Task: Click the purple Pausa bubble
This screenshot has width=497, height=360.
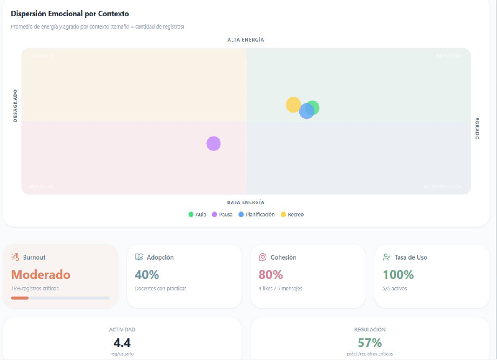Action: point(213,144)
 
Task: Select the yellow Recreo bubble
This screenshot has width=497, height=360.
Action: point(292,104)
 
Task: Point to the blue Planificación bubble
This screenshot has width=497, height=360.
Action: point(306,111)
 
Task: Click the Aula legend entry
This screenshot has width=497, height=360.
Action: point(197,214)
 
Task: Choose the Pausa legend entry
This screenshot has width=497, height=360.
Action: point(222,214)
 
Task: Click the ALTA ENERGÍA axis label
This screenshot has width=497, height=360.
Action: point(246,40)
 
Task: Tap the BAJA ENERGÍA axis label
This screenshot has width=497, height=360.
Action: point(246,202)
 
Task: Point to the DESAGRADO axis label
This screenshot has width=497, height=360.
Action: point(15,105)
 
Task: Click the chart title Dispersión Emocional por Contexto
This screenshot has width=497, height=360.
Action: point(70,13)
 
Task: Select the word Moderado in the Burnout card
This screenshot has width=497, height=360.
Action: point(41,275)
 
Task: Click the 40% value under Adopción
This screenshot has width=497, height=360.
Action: point(147,275)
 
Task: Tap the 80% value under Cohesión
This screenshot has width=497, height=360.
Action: point(271,275)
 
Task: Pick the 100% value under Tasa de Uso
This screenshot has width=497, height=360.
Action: point(398,275)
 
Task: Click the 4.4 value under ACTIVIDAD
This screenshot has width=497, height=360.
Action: point(122,343)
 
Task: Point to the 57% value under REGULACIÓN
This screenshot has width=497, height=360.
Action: point(370,343)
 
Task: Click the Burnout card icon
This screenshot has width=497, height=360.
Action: point(15,257)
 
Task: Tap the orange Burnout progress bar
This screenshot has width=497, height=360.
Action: point(20,298)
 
